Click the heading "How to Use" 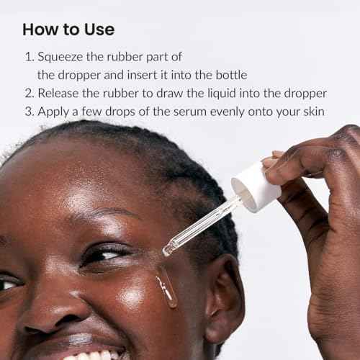(68, 30)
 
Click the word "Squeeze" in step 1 (60, 58)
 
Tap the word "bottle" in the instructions (231, 75)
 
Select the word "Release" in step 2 (58, 93)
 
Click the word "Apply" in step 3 (53, 112)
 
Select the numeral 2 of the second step (30, 93)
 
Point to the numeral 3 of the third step (30, 112)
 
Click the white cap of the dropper (256, 186)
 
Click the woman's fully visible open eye (106, 256)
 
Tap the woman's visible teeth (94, 355)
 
